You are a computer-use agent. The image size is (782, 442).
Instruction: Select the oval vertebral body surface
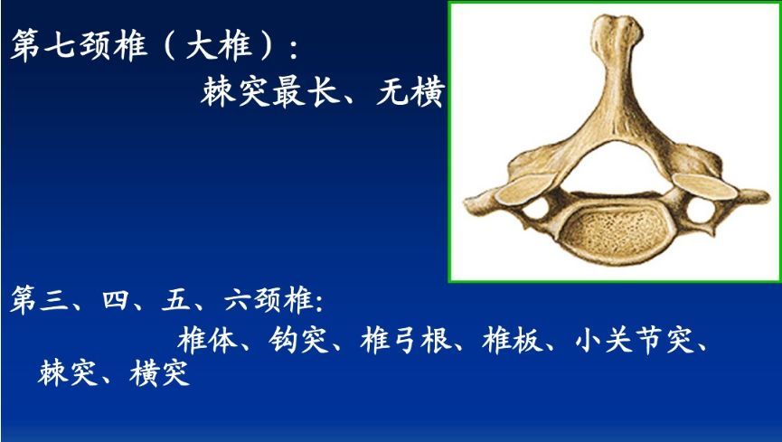(x=611, y=225)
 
